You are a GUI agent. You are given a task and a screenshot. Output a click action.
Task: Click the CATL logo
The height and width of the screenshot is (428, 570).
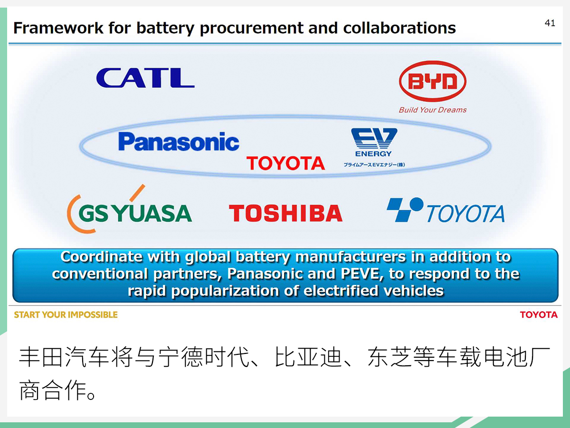click(x=145, y=78)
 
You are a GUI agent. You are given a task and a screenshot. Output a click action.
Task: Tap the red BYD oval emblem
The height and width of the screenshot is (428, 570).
click(x=432, y=82)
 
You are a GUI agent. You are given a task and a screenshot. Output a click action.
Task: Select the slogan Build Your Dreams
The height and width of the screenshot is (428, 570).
click(x=432, y=110)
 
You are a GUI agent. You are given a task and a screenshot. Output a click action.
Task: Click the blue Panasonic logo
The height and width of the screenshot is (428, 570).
click(x=179, y=142)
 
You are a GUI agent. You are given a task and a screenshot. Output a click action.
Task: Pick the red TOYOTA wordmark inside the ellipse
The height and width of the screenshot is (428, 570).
click(x=285, y=163)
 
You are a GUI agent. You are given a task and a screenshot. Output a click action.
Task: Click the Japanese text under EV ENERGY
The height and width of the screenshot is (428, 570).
click(x=374, y=165)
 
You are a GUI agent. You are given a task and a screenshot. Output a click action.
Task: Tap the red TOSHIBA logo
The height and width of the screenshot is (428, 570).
click(x=285, y=213)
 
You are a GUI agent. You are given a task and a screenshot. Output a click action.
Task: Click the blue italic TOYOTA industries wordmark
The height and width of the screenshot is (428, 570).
click(x=465, y=214)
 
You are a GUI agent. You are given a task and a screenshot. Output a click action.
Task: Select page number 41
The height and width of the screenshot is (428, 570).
click(x=550, y=23)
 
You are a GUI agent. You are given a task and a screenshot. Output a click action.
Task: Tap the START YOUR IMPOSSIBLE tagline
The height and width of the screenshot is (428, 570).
click(x=66, y=315)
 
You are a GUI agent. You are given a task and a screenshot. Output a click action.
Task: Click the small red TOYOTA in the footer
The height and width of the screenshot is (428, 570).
click(x=539, y=315)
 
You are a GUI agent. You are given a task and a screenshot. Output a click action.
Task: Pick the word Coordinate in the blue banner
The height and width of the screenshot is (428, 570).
click(x=101, y=257)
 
